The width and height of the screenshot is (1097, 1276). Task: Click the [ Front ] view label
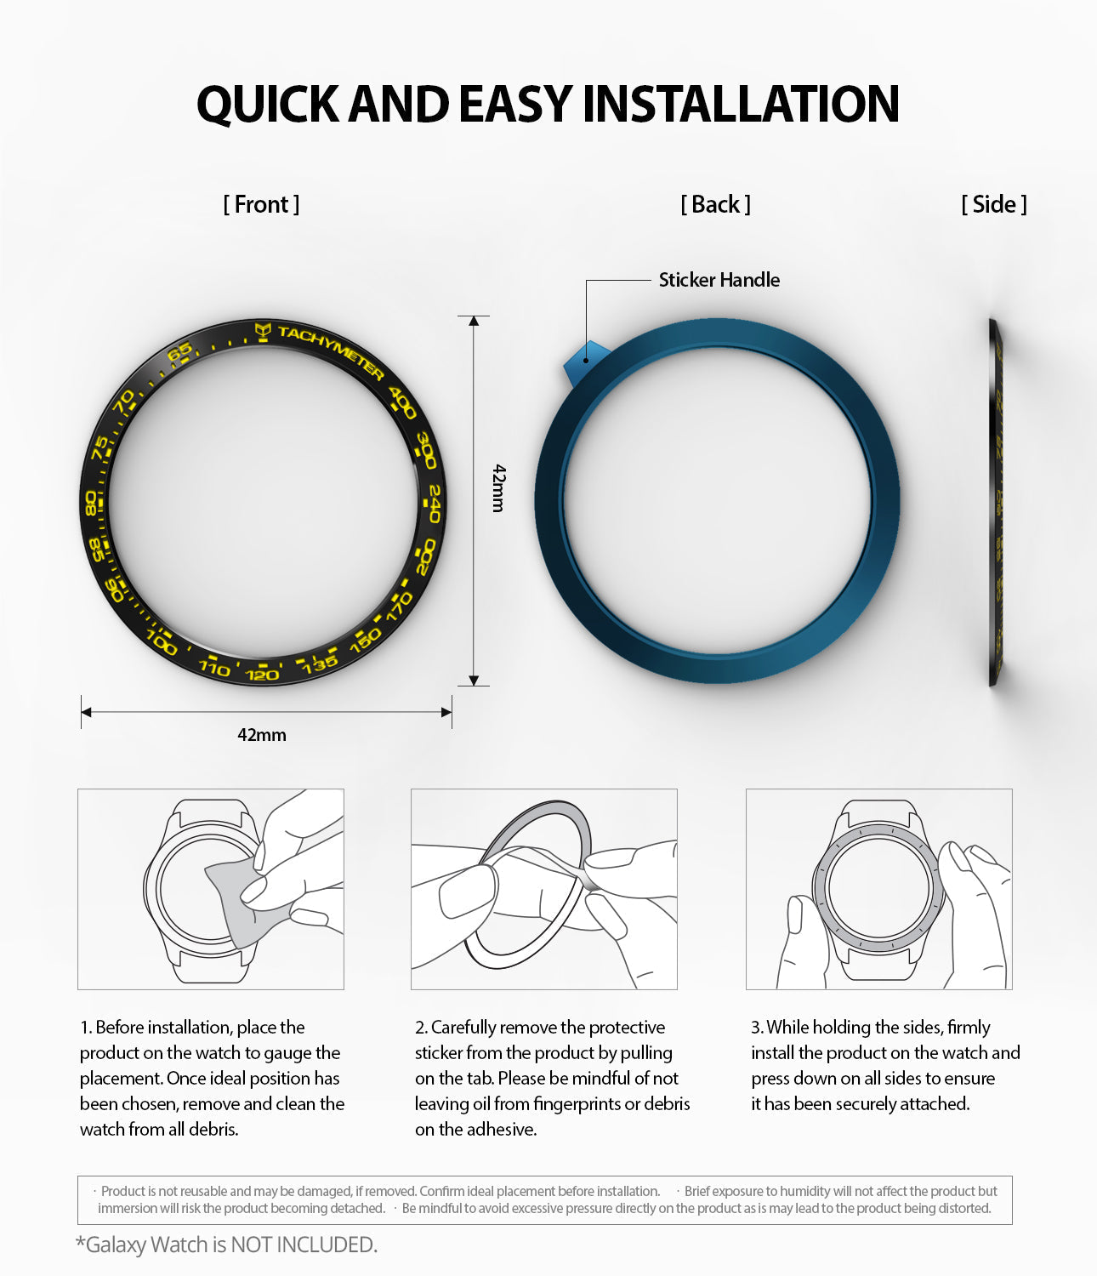click(261, 204)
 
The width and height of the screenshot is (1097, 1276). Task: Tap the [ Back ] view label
click(715, 204)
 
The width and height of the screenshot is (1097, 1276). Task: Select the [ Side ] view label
click(994, 204)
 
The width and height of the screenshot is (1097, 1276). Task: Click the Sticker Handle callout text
click(719, 280)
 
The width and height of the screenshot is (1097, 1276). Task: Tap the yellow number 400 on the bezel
click(402, 402)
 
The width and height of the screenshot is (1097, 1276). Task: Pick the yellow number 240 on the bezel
click(434, 504)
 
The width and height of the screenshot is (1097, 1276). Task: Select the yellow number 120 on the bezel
click(262, 674)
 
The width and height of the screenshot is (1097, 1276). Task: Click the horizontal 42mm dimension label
click(262, 735)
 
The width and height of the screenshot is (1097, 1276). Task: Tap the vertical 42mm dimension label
click(499, 487)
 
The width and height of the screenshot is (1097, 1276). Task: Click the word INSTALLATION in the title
click(740, 104)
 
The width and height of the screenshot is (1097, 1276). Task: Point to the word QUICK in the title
click(268, 104)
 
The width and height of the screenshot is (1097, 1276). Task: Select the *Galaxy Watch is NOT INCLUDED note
click(226, 1245)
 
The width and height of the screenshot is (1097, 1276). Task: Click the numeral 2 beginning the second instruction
click(419, 1028)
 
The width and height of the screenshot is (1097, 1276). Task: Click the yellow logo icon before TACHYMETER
click(264, 330)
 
